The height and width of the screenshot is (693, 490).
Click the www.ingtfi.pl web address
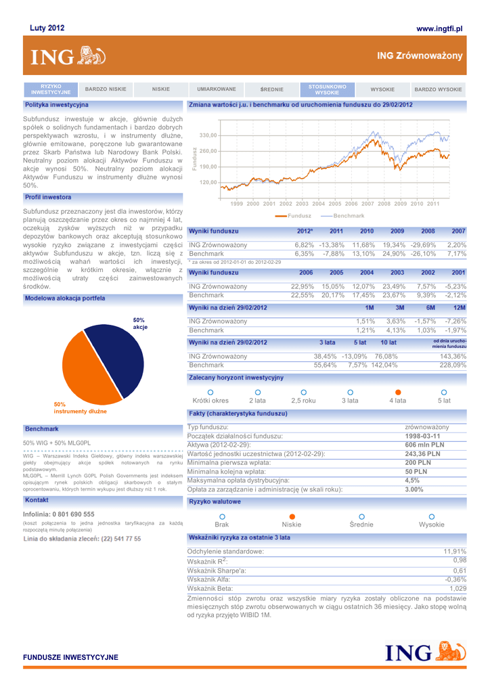click(439, 29)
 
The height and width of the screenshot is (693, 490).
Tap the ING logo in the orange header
click(66, 56)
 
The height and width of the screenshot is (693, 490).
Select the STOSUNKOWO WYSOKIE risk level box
click(327, 89)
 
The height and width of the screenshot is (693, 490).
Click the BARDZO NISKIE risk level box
click(106, 89)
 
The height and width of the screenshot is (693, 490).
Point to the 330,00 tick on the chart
click(208, 135)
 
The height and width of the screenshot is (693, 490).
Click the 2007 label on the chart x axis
click(367, 203)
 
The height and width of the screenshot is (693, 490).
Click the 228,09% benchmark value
click(453, 365)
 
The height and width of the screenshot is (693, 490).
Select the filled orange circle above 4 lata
click(398, 392)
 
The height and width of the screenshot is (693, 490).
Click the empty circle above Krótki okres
click(210, 392)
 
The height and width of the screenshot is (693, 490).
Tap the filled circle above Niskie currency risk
click(292, 516)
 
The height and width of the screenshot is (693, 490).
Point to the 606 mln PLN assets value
click(424, 445)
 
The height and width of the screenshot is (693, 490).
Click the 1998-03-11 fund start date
click(424, 436)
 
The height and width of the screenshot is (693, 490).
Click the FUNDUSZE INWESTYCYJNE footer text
click(70, 657)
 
